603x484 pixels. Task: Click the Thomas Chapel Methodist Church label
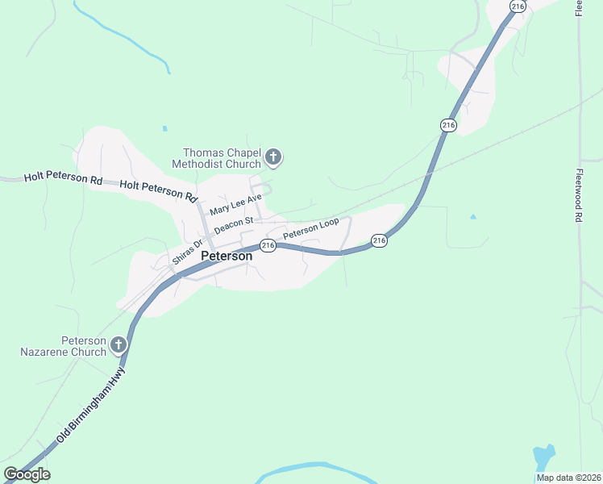222,158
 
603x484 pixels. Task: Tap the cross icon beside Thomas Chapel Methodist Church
273,157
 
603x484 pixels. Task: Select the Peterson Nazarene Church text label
64,346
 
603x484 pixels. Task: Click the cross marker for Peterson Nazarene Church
118,346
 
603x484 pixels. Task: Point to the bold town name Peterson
226,256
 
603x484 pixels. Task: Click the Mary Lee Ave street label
236,203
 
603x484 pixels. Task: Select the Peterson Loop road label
310,228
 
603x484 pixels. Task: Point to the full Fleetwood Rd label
579,195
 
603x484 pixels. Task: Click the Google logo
27,474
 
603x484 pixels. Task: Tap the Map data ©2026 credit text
568,478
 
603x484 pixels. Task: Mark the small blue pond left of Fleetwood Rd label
473,216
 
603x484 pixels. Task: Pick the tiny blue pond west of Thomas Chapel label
164,128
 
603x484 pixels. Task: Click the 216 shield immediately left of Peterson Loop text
268,245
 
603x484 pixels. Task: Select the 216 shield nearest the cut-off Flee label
518,6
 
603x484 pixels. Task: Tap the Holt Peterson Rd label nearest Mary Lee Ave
158,190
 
